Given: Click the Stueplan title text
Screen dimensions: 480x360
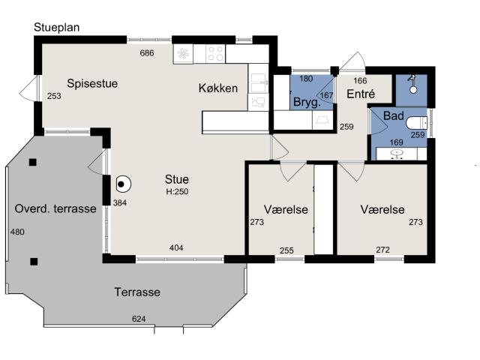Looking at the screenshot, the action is pyautogui.click(x=57, y=28).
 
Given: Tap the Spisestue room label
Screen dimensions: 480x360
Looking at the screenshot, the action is pyautogui.click(x=92, y=83).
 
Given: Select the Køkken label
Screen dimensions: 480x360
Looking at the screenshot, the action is pyautogui.click(x=218, y=88).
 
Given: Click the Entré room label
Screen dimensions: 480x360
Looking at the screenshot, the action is pyautogui.click(x=361, y=94).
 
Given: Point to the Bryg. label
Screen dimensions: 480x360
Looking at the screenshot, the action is pyautogui.click(x=307, y=102).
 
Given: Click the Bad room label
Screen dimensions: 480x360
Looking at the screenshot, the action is pyautogui.click(x=393, y=115).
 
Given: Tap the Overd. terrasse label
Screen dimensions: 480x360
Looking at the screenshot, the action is pyautogui.click(x=55, y=208).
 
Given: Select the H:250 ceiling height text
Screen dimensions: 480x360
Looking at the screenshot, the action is pyautogui.click(x=177, y=192).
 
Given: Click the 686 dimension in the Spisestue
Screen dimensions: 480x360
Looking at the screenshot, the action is pyautogui.click(x=147, y=53).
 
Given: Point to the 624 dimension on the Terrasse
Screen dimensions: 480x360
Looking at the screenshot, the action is pyautogui.click(x=139, y=319).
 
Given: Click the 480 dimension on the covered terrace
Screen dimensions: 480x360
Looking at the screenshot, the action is pyautogui.click(x=17, y=232).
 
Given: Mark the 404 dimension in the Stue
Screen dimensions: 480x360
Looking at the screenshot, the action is pyautogui.click(x=176, y=247).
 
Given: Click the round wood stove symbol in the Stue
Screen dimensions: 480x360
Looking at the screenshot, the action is pyautogui.click(x=123, y=184).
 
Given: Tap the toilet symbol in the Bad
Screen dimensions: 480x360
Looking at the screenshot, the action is pyautogui.click(x=417, y=123).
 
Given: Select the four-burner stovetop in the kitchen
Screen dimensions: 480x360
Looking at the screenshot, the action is pyautogui.click(x=215, y=53).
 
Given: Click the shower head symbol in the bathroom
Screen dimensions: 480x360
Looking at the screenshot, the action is pyautogui.click(x=412, y=83).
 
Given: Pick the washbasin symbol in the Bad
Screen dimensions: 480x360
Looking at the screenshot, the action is pyautogui.click(x=397, y=153).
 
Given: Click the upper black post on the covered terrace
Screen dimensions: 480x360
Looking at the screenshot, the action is pyautogui.click(x=33, y=162).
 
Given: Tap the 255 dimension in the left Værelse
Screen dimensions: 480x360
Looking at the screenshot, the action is pyautogui.click(x=286, y=250).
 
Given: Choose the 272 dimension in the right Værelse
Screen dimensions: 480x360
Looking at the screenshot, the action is pyautogui.click(x=382, y=250).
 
